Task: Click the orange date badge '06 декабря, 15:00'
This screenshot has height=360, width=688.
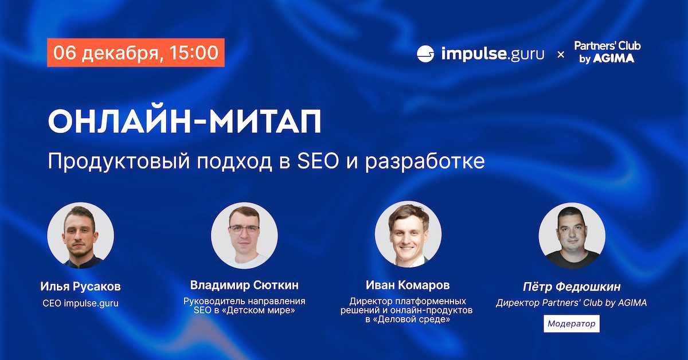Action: (x=136, y=53)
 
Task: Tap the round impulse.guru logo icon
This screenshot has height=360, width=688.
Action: (x=425, y=54)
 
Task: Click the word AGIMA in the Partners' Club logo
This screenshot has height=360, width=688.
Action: (x=613, y=58)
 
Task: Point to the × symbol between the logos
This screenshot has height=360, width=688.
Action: (x=561, y=54)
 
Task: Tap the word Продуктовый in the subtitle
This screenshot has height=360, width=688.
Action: (x=119, y=162)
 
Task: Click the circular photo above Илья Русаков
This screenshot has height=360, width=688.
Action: (x=80, y=235)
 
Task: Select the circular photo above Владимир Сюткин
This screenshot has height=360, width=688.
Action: (x=244, y=235)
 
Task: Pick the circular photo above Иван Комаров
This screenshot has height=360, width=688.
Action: (x=408, y=234)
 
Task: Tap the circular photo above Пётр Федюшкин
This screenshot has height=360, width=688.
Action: (x=572, y=235)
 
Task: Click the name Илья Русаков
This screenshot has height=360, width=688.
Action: (x=80, y=287)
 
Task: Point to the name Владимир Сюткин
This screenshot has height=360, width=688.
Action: (x=244, y=285)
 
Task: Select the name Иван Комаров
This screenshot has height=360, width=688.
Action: (x=408, y=285)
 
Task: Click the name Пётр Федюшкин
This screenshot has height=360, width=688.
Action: (x=572, y=287)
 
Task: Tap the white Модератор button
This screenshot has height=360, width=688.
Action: (x=572, y=323)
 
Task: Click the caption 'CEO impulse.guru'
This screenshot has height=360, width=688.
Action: (x=80, y=303)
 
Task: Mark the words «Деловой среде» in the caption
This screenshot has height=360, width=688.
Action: (x=412, y=319)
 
